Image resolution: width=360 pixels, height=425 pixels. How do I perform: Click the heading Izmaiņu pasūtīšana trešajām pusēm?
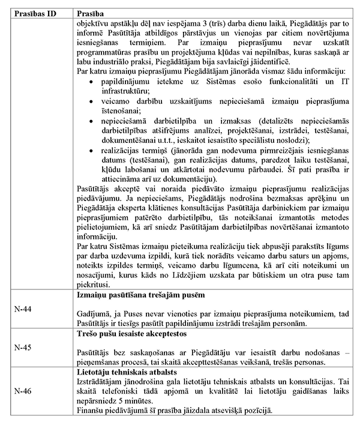coord(142,296)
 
